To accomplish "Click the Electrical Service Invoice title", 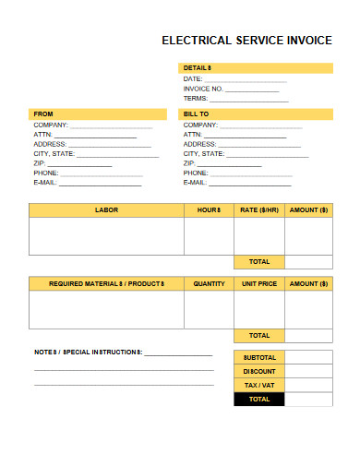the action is (x=246, y=41).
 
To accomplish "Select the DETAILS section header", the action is (x=198, y=68).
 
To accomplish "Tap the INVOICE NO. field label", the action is (x=204, y=89).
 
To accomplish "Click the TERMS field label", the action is (x=196, y=99).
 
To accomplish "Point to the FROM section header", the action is (x=43, y=114).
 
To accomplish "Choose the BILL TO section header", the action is (x=197, y=114).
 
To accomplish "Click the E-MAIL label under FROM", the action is (x=46, y=183).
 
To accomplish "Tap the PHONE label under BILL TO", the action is (x=196, y=173).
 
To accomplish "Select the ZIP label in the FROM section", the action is (x=39, y=163).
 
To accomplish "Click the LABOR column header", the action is (x=106, y=210).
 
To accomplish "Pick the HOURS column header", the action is (x=210, y=210).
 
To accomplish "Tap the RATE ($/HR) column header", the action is (x=259, y=210).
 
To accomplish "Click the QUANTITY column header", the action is (x=210, y=283).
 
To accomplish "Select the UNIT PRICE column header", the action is (x=259, y=283).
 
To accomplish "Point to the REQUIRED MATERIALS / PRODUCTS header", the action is (x=106, y=283).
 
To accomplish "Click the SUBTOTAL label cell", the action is (x=259, y=356).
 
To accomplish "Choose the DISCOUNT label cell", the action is (x=259, y=371).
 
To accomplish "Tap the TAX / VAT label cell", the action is (x=259, y=385).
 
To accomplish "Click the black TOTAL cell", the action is (x=259, y=400).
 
